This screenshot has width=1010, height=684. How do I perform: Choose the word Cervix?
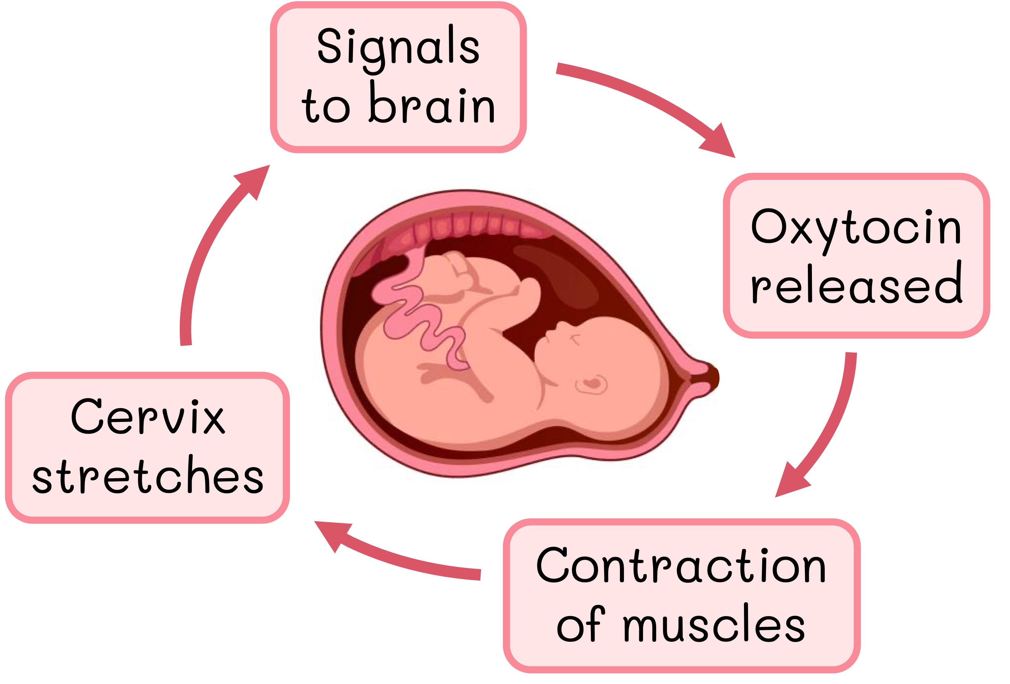click(148, 418)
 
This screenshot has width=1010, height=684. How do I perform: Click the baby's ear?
click(591, 384)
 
